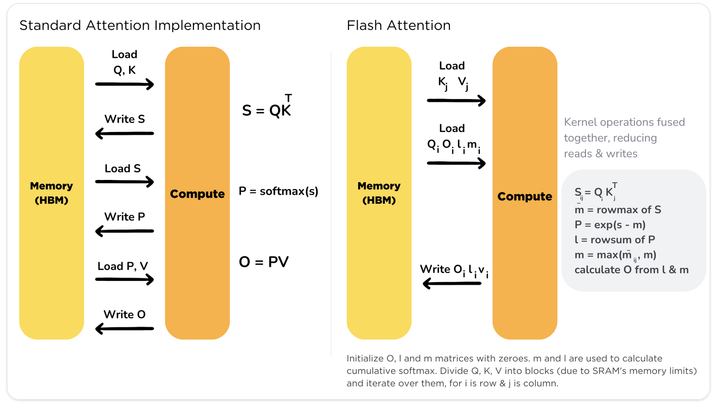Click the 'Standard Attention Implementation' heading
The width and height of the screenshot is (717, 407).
pos(140,26)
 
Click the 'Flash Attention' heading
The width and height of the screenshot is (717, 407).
pos(399,26)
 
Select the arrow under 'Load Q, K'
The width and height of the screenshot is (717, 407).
pos(124,84)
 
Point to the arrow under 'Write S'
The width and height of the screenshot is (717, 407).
pos(124,134)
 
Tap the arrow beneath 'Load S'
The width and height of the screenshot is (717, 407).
pos(124,182)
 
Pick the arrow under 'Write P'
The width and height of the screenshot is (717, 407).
pos(124,231)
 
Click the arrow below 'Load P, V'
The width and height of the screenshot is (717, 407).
pos(124,279)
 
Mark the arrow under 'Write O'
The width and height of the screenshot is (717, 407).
pos(124,328)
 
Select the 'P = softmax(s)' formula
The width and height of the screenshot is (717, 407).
pos(278,191)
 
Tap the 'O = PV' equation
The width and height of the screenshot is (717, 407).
pos(263,262)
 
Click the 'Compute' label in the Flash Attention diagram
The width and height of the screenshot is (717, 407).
pos(525,196)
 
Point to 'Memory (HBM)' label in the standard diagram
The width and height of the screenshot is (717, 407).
pos(51,193)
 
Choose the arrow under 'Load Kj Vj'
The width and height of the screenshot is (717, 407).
pos(456,101)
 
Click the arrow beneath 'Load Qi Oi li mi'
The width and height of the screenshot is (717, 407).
pos(456,163)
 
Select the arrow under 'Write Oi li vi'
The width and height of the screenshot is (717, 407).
pos(452,283)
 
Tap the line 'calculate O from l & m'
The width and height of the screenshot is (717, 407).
pos(631,270)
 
